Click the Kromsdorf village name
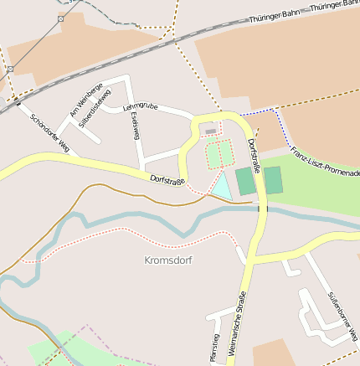coord(168,260)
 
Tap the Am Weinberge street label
coord(87,101)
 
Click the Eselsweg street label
coord(135,126)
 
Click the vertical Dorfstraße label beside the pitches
coord(255,156)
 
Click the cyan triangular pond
coord(222,188)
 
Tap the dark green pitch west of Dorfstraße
coord(244,181)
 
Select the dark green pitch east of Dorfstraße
coord(273,179)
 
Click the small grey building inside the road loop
coord(210,131)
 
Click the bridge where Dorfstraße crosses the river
coord(262,207)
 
